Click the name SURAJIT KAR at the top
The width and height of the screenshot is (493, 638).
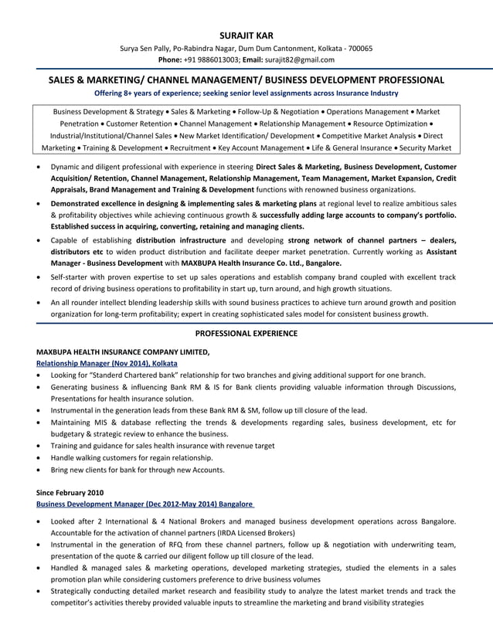[x=246, y=35]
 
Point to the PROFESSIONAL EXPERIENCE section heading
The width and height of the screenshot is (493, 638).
[x=246, y=333]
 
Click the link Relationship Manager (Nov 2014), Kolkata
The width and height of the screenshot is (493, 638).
[x=107, y=362]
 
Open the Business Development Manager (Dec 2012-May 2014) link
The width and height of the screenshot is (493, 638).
[x=146, y=504]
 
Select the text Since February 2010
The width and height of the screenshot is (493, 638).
[x=70, y=492]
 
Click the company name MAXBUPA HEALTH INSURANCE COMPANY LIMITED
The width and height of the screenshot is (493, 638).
[x=123, y=351]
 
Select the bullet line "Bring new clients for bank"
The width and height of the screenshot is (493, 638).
[x=138, y=469]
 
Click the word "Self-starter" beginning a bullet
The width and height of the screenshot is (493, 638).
[x=71, y=276]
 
